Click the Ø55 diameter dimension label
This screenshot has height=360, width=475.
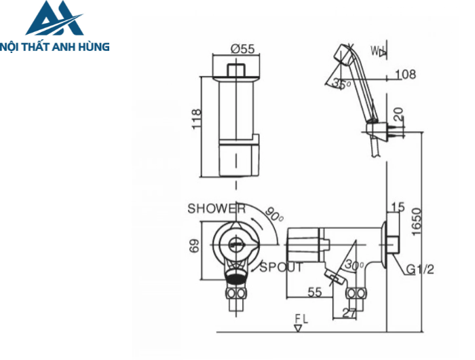pos(242,49)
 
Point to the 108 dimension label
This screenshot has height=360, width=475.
pos(405,75)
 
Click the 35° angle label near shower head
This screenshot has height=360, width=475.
pos(341,84)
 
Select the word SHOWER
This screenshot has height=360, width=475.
pos(216,209)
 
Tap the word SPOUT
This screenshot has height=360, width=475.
pos(281,267)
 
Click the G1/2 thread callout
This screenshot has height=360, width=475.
pos(421,270)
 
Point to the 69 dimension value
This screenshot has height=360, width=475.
pos(194,246)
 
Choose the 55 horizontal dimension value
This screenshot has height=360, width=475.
pos(314,292)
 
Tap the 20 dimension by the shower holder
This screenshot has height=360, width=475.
pos(398,113)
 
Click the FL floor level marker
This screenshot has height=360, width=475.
pos(301,319)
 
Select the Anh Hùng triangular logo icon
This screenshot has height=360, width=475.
pos(54,18)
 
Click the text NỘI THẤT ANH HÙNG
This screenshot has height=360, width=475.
pos(56,47)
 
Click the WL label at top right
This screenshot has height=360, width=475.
pos(377,50)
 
